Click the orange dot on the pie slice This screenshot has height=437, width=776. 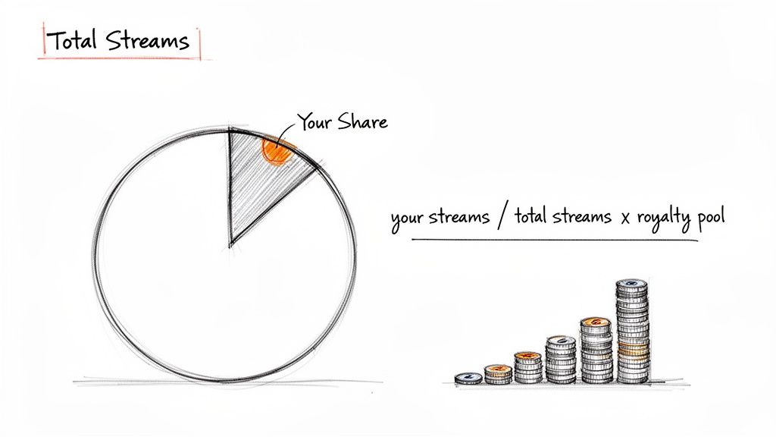coord(276,150)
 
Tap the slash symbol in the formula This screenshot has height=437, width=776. coord(502,218)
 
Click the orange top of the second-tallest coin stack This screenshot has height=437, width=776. coord(596,322)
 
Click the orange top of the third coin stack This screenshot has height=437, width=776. coord(527,356)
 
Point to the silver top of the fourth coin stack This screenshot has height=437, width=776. coord(561,341)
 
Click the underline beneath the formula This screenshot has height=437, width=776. coord(553,241)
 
